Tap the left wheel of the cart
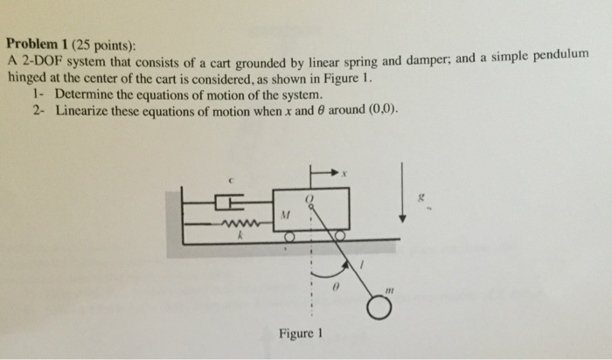[x=289, y=237]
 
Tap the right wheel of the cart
[x=340, y=235]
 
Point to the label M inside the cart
[x=286, y=215]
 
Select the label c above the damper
[x=231, y=181]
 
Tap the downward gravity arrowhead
[x=402, y=218]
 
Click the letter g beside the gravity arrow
[x=421, y=198]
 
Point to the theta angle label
[x=335, y=287]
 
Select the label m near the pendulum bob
[x=389, y=291]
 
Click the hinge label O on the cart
[x=309, y=199]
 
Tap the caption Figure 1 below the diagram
[x=301, y=334]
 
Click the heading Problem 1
[x=38, y=44]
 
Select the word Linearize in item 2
[x=81, y=111]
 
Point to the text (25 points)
[x=104, y=46]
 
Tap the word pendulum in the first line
[x=561, y=56]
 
